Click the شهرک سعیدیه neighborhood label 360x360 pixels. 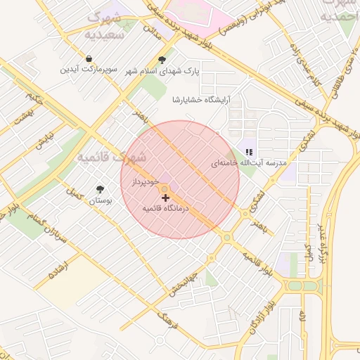coord(103,25)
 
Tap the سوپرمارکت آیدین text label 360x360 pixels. coord(89,70)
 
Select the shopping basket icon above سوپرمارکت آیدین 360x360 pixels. coord(89,59)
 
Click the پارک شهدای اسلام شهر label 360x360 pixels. coord(163,71)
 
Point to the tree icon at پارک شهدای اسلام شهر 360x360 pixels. coord(163,60)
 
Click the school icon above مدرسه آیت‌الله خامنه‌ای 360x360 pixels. coord(249,152)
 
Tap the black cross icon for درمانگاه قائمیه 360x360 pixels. coord(166,198)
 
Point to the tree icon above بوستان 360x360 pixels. coord(100,189)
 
